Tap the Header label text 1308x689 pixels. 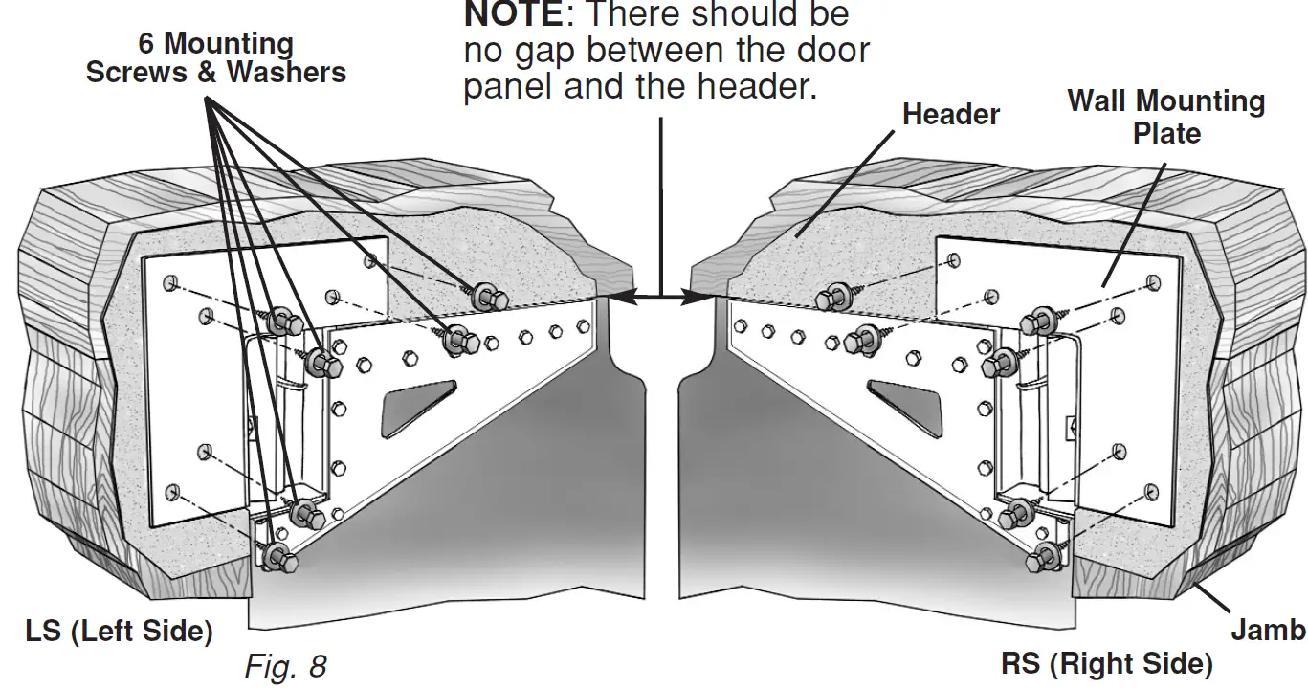951,115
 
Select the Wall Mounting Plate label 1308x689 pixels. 1165,117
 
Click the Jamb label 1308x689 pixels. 1267,630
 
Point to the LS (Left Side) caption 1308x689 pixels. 119,632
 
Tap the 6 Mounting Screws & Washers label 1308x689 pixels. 216,57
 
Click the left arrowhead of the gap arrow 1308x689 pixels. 618,299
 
